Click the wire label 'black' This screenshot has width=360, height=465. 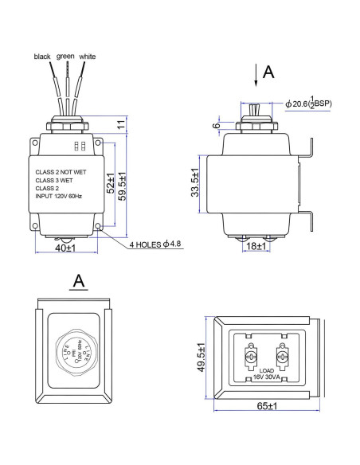click(41, 57)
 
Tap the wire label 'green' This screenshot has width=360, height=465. click(65, 57)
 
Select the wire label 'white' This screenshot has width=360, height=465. click(88, 57)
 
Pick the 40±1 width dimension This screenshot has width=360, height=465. click(65, 248)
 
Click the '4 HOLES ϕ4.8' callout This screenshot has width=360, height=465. click(156, 244)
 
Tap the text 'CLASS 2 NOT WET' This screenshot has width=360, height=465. click(63, 170)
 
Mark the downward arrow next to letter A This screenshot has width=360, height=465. click(256, 76)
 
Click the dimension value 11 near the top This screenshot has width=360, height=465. click(120, 123)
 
